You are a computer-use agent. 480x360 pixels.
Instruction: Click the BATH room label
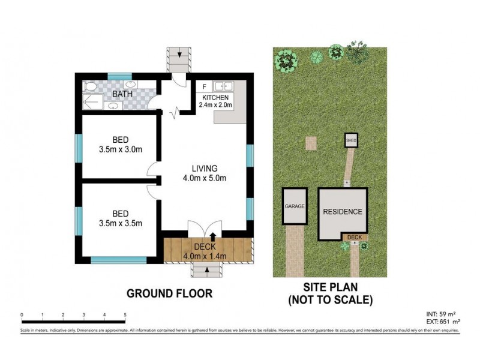[x=122, y=94]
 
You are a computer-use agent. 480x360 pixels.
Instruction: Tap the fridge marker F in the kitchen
[x=205, y=86]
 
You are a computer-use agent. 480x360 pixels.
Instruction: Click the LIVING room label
[x=204, y=168]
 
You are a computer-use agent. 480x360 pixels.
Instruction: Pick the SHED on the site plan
[x=351, y=140]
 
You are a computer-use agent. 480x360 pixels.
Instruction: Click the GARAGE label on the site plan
[x=295, y=206]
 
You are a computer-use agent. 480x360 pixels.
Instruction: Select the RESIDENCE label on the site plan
[x=343, y=212]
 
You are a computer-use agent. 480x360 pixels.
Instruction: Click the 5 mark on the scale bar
[x=125, y=314]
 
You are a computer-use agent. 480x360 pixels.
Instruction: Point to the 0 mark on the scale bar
[x=21, y=314]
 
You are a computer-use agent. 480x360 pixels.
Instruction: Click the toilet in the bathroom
[x=90, y=88]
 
